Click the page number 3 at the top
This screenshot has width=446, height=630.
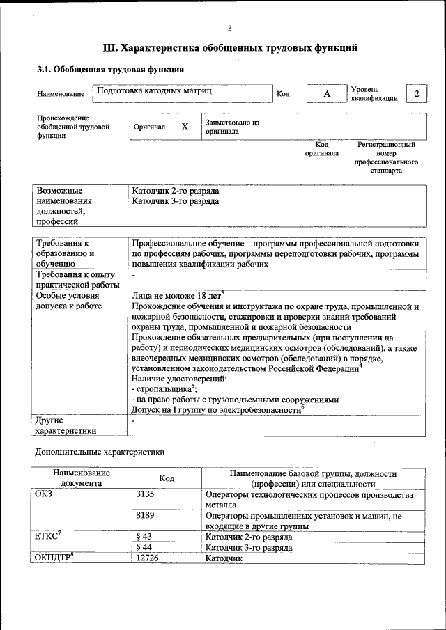[x=229, y=29]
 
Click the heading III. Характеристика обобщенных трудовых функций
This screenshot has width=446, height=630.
[x=230, y=48]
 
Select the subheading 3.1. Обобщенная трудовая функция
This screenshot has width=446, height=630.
[x=110, y=70]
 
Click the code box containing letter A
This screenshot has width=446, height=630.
[x=326, y=94]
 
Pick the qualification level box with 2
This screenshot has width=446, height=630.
[x=416, y=94]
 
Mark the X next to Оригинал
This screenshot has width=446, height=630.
[x=185, y=127]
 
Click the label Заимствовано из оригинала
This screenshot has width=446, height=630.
[x=232, y=126]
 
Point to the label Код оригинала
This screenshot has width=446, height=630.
[x=321, y=149]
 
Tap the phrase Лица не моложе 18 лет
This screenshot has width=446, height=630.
[x=176, y=294]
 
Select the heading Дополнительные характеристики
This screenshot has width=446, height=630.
[x=100, y=452]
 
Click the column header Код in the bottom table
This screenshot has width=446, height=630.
[x=167, y=478]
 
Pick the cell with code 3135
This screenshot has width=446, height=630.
[x=145, y=494]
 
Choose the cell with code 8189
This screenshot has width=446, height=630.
[x=145, y=516]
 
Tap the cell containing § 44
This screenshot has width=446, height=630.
[x=142, y=547]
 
